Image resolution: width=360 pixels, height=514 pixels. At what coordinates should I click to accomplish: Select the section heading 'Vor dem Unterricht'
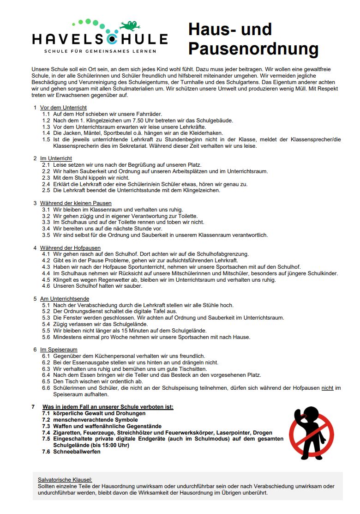click(x=63, y=108)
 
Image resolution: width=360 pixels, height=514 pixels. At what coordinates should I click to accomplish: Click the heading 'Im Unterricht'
click(x=56, y=158)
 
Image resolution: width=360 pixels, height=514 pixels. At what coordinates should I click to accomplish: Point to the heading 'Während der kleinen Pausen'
click(x=76, y=203)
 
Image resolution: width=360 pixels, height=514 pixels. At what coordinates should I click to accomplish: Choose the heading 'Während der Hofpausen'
click(x=70, y=248)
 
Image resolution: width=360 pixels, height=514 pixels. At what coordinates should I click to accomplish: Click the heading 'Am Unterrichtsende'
click(x=65, y=299)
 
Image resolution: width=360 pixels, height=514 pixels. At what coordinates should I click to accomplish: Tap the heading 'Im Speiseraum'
click(x=59, y=350)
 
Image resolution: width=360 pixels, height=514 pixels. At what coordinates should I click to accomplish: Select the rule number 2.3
click(x=46, y=177)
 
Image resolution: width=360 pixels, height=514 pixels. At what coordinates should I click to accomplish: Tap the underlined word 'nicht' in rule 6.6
click(x=327, y=388)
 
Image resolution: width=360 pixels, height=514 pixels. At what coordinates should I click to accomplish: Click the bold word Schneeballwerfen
click(x=77, y=452)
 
